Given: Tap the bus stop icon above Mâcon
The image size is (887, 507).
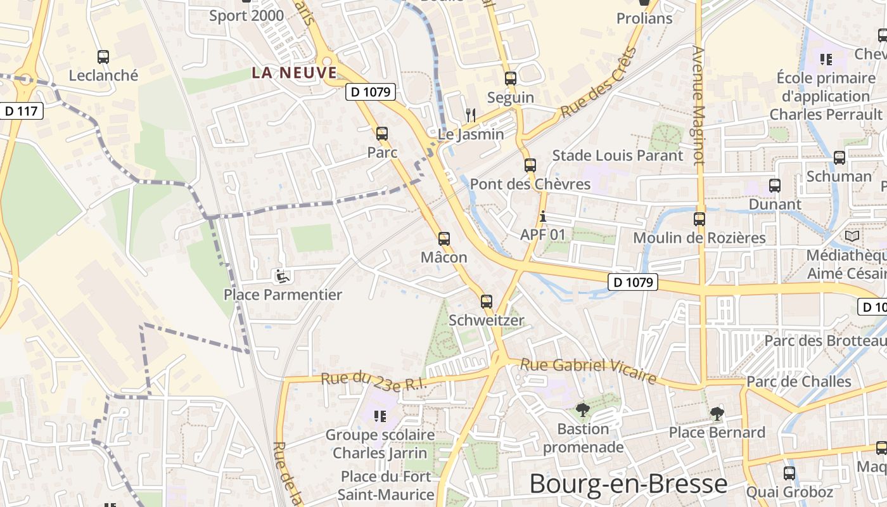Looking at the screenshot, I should pyautogui.click(x=444, y=239).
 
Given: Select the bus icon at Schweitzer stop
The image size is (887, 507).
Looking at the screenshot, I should pyautogui.click(x=486, y=302).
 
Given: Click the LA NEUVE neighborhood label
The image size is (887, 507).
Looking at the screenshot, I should pyautogui.click(x=295, y=72).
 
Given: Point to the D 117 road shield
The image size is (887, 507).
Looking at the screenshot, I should pyautogui.click(x=21, y=112).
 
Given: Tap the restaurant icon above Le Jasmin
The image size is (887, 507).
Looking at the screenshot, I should pyautogui.click(x=470, y=115).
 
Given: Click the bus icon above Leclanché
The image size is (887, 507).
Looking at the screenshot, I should pyautogui.click(x=103, y=57).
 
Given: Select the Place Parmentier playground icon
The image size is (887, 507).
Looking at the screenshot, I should pyautogui.click(x=283, y=276).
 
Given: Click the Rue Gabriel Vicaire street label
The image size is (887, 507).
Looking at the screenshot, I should pyautogui.click(x=588, y=371).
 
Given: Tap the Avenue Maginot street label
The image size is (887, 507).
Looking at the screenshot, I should pyautogui.click(x=698, y=105).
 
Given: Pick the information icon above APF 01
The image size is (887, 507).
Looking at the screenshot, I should pyautogui.click(x=542, y=217).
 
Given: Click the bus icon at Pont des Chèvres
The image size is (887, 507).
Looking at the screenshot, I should pyautogui.click(x=530, y=165).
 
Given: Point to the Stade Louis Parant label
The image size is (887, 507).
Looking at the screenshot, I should pyautogui.click(x=618, y=155).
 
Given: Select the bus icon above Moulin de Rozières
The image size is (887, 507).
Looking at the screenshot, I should pyautogui.click(x=699, y=219).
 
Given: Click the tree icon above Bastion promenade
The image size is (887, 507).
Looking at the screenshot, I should pyautogui.click(x=583, y=410).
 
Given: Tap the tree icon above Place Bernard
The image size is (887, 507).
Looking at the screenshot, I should pyautogui.click(x=717, y=414).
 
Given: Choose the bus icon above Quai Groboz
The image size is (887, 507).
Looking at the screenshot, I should pyautogui.click(x=789, y=473).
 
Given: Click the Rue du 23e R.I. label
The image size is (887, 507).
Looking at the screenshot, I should pyautogui.click(x=374, y=382).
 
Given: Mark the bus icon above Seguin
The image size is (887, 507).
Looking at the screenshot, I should pyautogui.click(x=510, y=79).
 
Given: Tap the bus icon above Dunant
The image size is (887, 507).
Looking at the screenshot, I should pyautogui.click(x=774, y=186).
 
